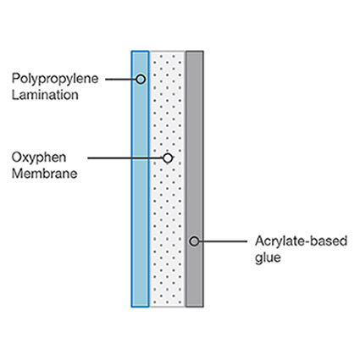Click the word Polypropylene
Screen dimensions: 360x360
pyautogui.click(x=55, y=80)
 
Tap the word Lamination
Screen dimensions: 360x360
pyautogui.click(x=45, y=95)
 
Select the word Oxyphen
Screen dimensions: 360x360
pyautogui.click(x=39, y=158)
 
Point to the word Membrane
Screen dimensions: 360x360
pyautogui.click(x=44, y=173)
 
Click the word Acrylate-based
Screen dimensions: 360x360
pyautogui.click(x=301, y=241)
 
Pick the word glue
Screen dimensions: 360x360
pyautogui.click(x=268, y=258)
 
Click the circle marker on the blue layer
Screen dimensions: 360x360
pyautogui.click(x=141, y=80)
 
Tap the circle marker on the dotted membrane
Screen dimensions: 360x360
pyautogui.click(x=168, y=158)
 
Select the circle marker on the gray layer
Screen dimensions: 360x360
pyautogui.click(x=194, y=241)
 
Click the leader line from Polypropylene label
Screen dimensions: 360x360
pyautogui.click(x=121, y=80)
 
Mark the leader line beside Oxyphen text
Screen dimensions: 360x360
pyautogui.click(x=125, y=158)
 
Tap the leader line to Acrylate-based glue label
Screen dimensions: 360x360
pyautogui.click(x=223, y=241)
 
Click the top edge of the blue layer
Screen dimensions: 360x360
pyautogui.click(x=140, y=51)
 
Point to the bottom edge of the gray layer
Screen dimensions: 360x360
pyautogui.click(x=195, y=307)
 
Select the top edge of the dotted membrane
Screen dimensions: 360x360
pyautogui.click(x=168, y=52)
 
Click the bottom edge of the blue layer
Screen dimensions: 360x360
pyautogui.click(x=140, y=307)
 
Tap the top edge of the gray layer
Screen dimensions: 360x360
pyautogui.click(x=195, y=52)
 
